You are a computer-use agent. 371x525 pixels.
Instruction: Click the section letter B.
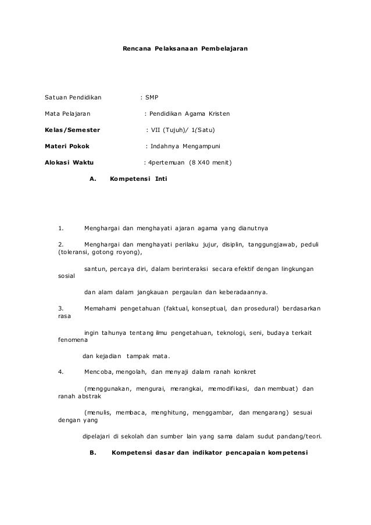pyautogui.click(x=92, y=452)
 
